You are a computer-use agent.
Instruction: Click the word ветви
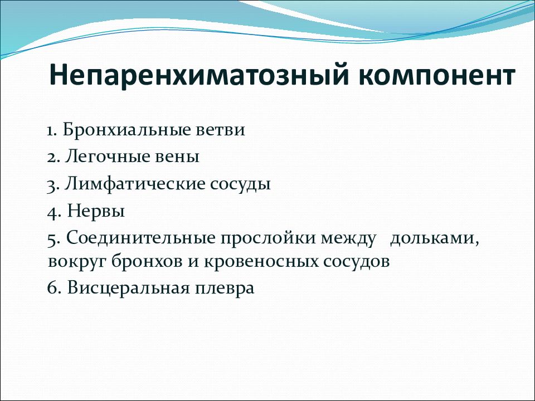point(221,130)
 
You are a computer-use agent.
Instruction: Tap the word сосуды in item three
point(240,185)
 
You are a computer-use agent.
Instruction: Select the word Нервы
point(96,211)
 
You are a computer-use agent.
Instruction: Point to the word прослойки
point(269,238)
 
